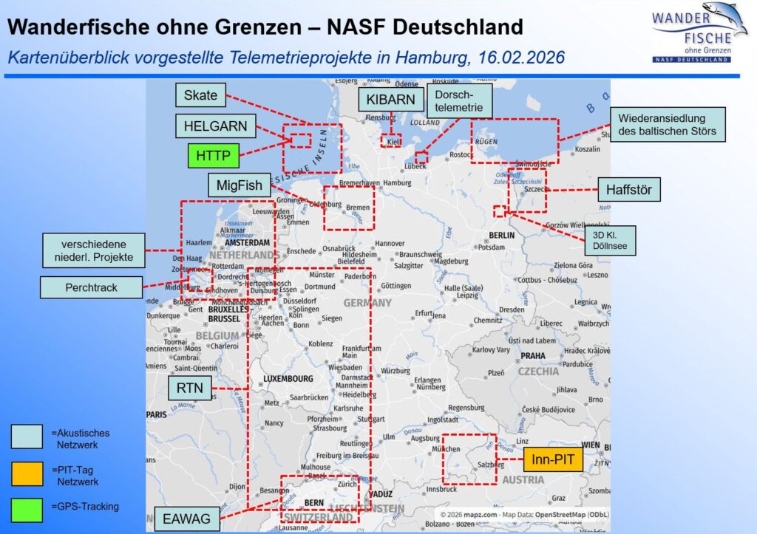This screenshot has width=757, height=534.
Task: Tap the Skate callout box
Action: click(x=200, y=95)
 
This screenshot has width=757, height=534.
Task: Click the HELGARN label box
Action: click(x=215, y=126)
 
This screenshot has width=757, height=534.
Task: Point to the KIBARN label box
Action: click(x=391, y=100)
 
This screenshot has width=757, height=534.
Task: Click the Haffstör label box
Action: click(x=628, y=189)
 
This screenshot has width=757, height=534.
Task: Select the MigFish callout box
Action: click(x=240, y=185)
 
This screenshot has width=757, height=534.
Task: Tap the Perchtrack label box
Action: click(x=91, y=287)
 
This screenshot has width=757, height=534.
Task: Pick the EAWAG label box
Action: click(x=187, y=518)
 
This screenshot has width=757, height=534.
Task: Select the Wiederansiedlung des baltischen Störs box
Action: click(x=668, y=125)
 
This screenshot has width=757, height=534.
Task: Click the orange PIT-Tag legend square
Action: click(x=27, y=473)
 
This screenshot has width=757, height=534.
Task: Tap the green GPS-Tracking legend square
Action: click(x=27, y=510)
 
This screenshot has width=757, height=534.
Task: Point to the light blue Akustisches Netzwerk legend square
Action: click(x=27, y=437)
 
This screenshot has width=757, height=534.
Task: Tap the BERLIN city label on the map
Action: click(x=501, y=235)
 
